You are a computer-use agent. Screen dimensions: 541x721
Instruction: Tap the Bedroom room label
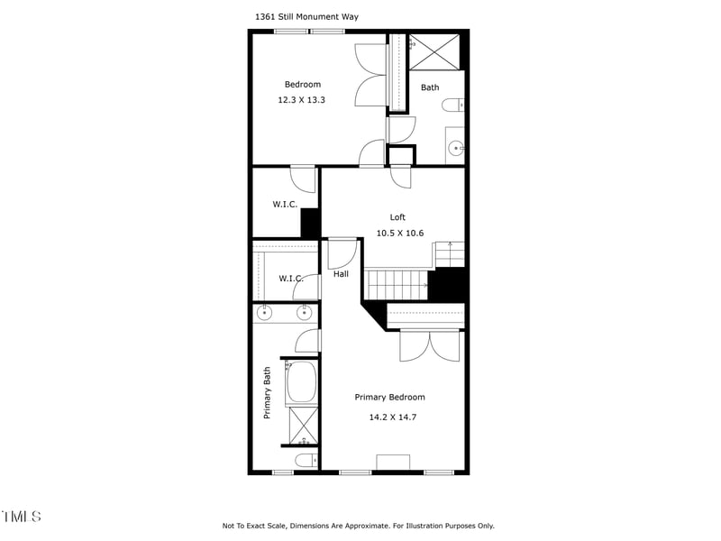pyautogui.click(x=302, y=85)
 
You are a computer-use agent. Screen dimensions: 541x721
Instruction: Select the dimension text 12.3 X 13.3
pyautogui.click(x=301, y=100)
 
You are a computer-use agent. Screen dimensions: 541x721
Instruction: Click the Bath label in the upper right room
pyautogui.click(x=430, y=87)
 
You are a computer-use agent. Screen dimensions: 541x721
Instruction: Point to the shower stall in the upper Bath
pyautogui.click(x=434, y=51)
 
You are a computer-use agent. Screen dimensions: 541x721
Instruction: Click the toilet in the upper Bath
pyautogui.click(x=453, y=105)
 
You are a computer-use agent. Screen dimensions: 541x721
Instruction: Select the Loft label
pyautogui.click(x=397, y=217)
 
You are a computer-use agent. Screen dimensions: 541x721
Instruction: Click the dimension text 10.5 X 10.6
pyautogui.click(x=399, y=234)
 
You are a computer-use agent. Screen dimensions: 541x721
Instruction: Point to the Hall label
pyautogui.click(x=341, y=274)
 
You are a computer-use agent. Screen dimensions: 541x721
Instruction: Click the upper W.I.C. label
pyautogui.click(x=285, y=205)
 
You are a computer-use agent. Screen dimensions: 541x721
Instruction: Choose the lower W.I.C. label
pyautogui.click(x=290, y=279)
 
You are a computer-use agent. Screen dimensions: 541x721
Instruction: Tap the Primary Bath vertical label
pyautogui.click(x=267, y=393)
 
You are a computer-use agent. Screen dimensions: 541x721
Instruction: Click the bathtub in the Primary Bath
pyautogui.click(x=301, y=382)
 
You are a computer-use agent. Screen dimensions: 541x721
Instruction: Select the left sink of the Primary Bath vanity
pyautogui.click(x=265, y=314)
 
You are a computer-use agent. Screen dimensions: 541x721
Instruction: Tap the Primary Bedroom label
pyautogui.click(x=389, y=398)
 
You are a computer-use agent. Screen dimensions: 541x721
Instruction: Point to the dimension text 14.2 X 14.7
pyautogui.click(x=392, y=417)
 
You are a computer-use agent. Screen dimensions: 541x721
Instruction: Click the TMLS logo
pyautogui.click(x=21, y=517)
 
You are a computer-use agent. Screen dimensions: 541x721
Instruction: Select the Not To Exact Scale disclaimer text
pyautogui.click(x=358, y=526)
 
